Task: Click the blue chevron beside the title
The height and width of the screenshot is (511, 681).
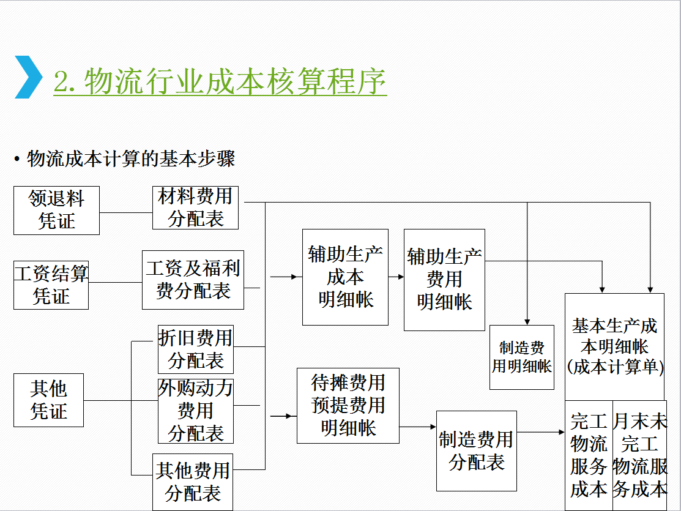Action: [28, 77]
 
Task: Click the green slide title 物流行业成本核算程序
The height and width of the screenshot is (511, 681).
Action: [220, 81]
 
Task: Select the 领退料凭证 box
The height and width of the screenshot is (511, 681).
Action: [56, 211]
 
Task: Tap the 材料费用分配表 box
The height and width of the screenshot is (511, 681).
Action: [195, 208]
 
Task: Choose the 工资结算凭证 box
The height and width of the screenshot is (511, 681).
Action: [51, 285]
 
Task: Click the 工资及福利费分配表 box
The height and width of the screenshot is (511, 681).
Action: [193, 280]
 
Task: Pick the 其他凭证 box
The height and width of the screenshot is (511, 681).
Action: [49, 400]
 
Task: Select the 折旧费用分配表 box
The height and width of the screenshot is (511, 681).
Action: [195, 349]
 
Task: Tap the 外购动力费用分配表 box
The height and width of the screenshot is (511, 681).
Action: [195, 411]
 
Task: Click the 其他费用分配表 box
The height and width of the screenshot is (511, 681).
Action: [193, 482]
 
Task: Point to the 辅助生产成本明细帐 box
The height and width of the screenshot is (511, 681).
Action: [345, 277]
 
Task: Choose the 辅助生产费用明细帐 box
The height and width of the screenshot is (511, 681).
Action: [444, 280]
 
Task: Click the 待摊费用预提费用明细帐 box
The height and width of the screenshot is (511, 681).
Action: [348, 405]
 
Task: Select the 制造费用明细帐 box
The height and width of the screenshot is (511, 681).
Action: [521, 357]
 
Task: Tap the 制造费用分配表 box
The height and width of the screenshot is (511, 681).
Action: [476, 450]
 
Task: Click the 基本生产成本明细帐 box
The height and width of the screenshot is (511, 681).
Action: [614, 346]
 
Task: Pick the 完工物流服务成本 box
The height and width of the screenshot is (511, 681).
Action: [589, 455]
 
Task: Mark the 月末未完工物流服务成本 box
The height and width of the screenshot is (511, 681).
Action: [639, 455]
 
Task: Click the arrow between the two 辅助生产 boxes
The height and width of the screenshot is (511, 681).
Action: [396, 277]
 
